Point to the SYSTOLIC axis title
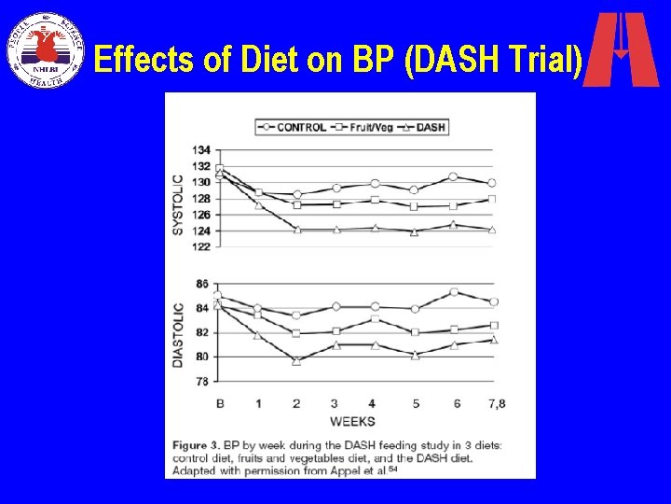(178, 203)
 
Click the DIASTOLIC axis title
(178, 333)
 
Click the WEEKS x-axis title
(352, 421)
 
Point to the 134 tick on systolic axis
(201, 149)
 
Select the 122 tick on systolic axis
(201, 247)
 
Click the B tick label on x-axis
(220, 403)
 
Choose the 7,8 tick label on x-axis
(495, 403)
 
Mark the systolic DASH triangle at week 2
(296, 229)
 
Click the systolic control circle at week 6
(453, 176)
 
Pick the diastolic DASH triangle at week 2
(296, 360)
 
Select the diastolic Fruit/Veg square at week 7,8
(493, 326)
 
